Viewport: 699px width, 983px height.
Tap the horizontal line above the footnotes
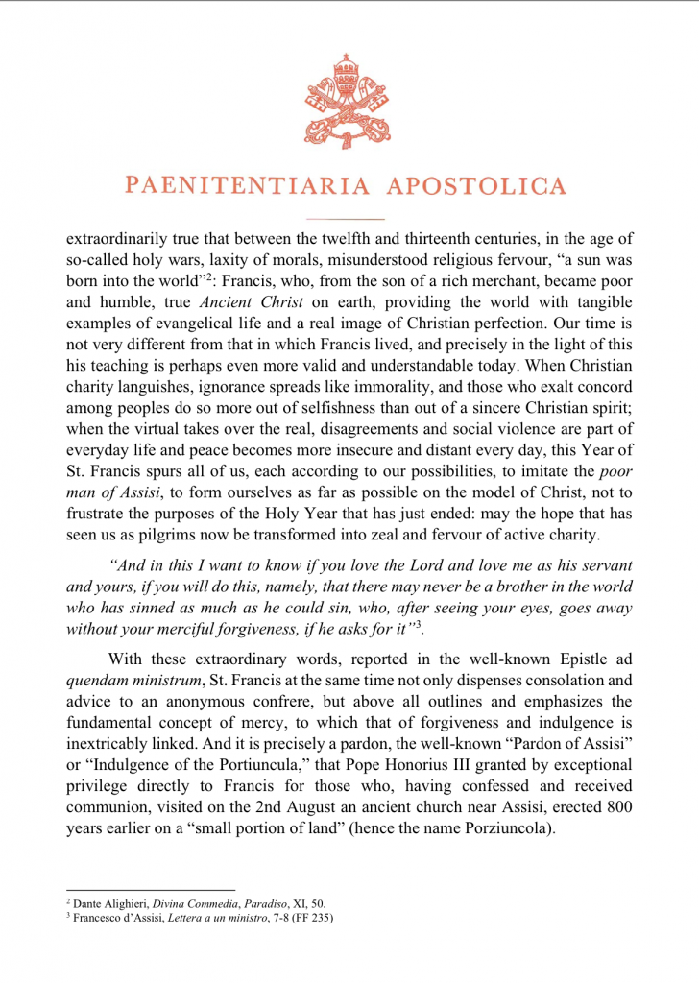151,890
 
